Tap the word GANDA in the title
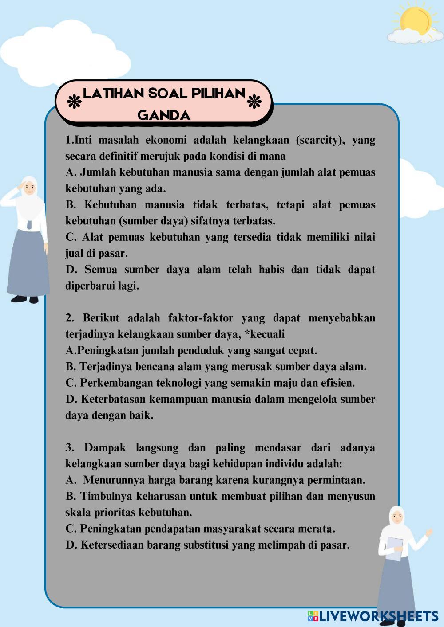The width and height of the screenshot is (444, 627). point(164,115)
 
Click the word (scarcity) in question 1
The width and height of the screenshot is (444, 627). point(320,140)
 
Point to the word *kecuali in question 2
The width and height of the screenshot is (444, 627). point(265,334)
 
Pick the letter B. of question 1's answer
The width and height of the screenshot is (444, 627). point(71,205)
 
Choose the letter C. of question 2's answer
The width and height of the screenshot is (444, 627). point(71,383)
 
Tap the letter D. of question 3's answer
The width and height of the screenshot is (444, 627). point(71,545)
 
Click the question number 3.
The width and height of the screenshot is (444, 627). point(70,448)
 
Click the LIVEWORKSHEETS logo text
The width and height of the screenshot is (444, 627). point(377,615)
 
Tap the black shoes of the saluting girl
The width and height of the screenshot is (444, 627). point(24,299)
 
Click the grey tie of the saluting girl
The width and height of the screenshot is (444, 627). point(29,224)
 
